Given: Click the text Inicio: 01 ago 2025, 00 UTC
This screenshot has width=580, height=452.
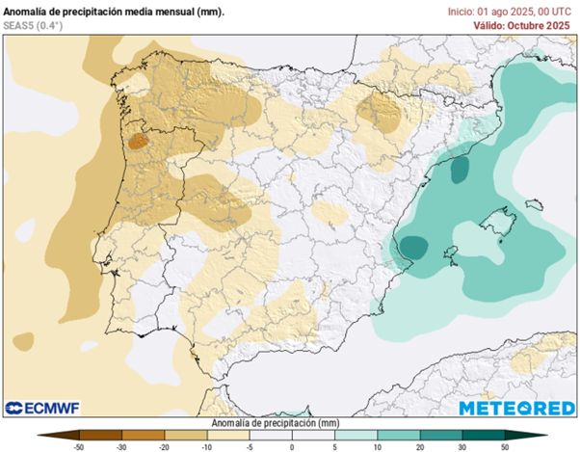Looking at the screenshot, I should (x=510, y=11).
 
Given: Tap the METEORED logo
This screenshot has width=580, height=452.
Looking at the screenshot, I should (x=516, y=408).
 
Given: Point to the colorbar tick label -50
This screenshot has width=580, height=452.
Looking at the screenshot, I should (x=78, y=446).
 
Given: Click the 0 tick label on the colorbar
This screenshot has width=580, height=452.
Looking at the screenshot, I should (x=291, y=446).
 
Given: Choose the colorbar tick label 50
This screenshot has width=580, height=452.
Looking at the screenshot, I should (x=503, y=446).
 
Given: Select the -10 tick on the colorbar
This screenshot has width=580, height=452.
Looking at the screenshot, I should (x=206, y=446).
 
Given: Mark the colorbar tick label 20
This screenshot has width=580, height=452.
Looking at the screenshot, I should (x=418, y=446).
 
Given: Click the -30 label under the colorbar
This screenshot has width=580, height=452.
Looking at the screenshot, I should (x=121, y=446).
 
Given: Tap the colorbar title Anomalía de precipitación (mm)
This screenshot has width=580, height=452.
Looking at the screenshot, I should (x=289, y=423).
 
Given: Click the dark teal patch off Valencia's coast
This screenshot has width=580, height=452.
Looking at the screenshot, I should (x=414, y=247).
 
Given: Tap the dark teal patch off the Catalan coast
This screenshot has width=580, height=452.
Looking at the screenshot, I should (x=459, y=170).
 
